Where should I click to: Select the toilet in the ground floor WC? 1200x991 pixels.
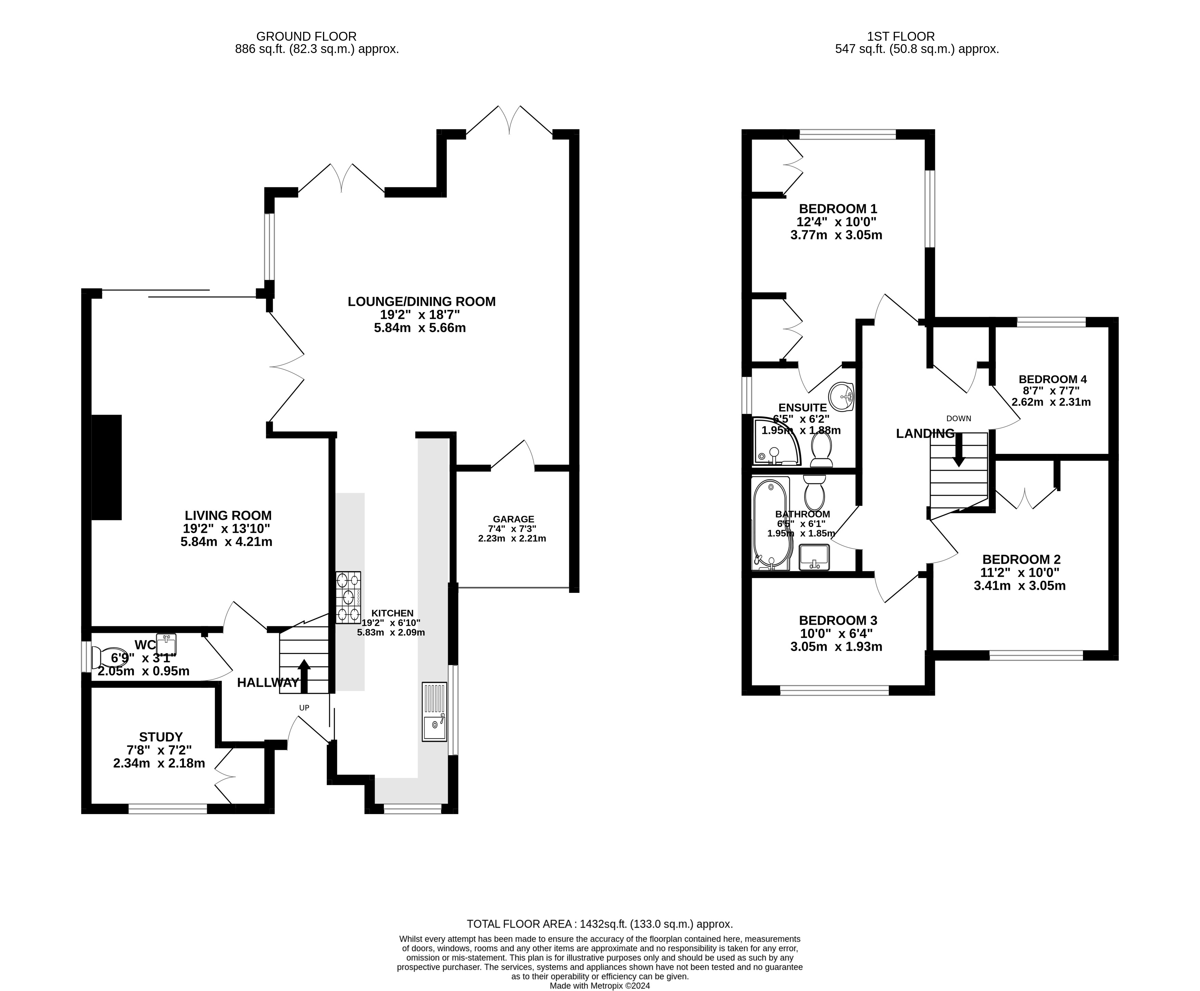(x=104, y=657)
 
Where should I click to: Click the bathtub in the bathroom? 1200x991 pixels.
(x=771, y=523)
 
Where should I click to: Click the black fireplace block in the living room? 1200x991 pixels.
(x=107, y=467)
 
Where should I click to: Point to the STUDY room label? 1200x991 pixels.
(x=161, y=737)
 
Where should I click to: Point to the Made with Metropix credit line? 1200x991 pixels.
(x=599, y=985)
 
